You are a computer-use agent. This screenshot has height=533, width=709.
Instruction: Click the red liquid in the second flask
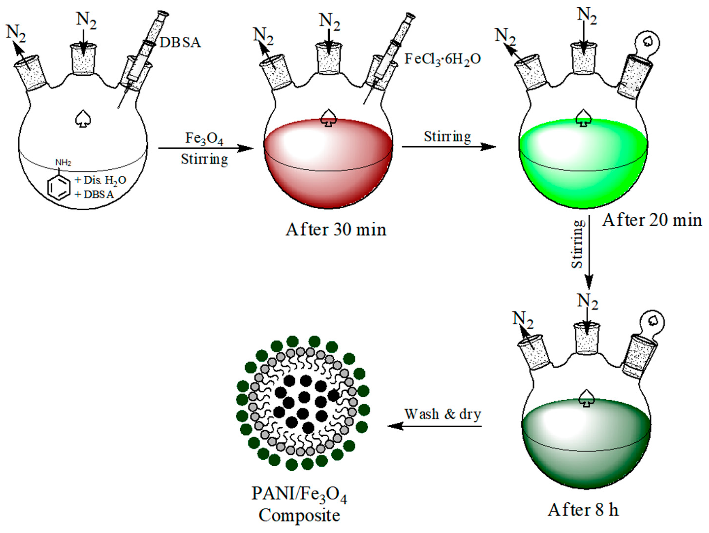328,173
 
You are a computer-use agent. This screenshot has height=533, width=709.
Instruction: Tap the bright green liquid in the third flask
583,173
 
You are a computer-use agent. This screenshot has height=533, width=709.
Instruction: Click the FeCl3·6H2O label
442,60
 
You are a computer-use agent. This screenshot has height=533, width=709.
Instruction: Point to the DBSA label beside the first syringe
180,43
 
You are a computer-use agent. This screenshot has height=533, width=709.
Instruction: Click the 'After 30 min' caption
336,230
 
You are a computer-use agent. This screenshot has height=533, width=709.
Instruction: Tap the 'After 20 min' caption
652,220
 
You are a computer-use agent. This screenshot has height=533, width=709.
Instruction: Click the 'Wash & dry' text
443,414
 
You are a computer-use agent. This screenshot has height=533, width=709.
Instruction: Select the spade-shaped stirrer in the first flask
83,119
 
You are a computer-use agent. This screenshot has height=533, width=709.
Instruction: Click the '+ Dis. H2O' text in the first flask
100,180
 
